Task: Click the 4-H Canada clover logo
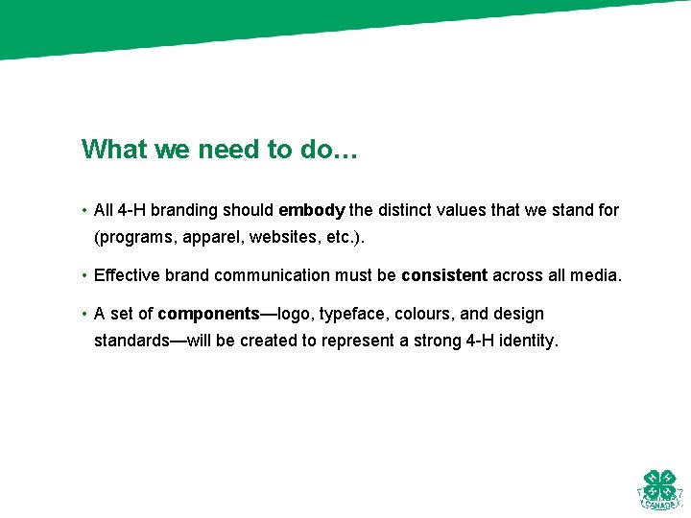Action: tap(659, 489)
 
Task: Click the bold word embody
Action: tap(311, 210)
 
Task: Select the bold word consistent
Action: tap(444, 276)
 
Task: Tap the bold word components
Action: tap(208, 314)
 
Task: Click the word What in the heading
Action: tap(112, 150)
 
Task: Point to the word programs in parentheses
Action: tap(134, 237)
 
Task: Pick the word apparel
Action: tap(211, 237)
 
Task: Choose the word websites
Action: tap(286, 237)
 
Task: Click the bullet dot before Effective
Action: tap(84, 276)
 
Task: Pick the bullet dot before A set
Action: tap(84, 314)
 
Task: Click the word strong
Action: tap(438, 341)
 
